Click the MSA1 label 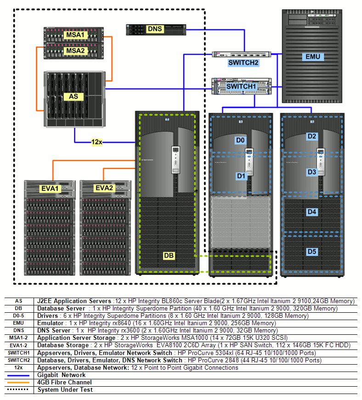click(75, 35)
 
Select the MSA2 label click(75, 50)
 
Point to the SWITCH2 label click(243, 62)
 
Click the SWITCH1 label click(241, 86)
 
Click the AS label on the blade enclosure click(74, 97)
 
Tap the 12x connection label click(96, 142)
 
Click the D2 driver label click(312, 136)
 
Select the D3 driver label click(312, 172)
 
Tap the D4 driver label click(312, 212)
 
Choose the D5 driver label click(312, 251)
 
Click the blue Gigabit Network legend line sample click(19, 375)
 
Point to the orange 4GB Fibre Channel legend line click(19, 383)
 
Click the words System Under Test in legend click(65, 390)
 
